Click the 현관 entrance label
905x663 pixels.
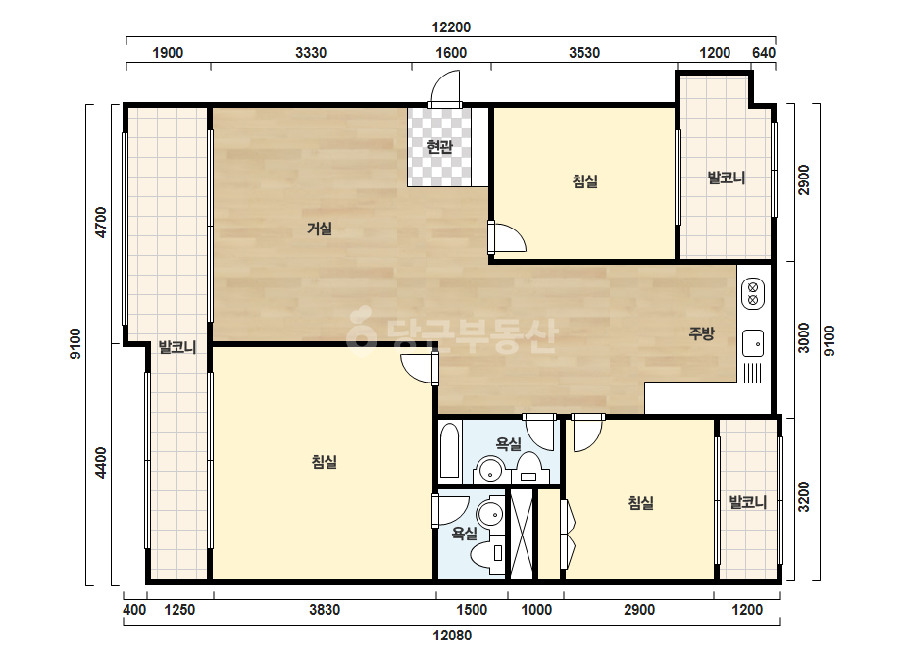click(x=439, y=147)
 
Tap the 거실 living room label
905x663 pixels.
click(x=320, y=229)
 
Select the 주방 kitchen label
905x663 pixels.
click(x=701, y=333)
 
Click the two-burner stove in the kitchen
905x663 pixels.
click(x=753, y=293)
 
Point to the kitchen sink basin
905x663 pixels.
click(x=753, y=343)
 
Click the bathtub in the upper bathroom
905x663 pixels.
click(x=449, y=450)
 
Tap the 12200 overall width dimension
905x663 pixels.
click(x=451, y=27)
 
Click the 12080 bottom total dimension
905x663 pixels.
click(x=452, y=636)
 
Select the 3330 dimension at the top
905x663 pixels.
click(x=311, y=53)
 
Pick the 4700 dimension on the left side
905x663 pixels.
click(x=101, y=223)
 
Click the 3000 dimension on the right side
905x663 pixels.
click(x=803, y=337)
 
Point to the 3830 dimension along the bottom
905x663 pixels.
click(x=325, y=610)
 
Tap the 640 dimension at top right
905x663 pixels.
click(x=764, y=53)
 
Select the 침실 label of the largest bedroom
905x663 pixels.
click(x=324, y=461)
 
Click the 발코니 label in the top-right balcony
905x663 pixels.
click(x=727, y=178)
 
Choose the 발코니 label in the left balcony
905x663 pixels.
click(x=177, y=347)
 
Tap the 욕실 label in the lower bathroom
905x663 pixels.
click(x=464, y=534)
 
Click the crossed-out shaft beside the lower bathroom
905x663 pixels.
click(x=522, y=534)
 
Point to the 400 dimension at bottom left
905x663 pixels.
click(x=134, y=610)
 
